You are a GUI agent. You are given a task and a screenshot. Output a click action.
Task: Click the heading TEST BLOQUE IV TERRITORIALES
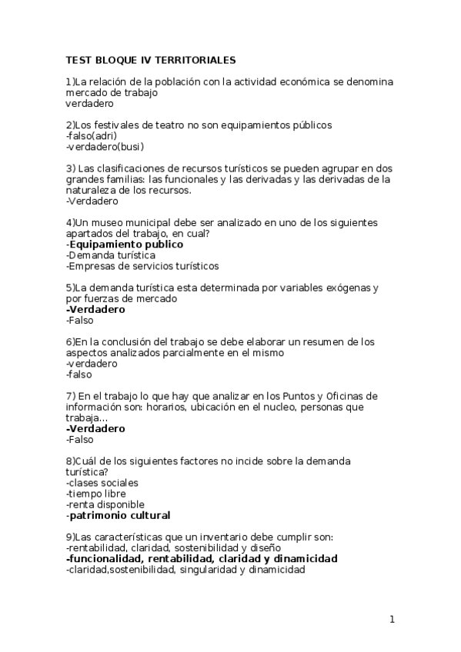coord(151,59)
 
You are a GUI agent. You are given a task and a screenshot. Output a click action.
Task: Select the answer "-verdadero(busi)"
coord(105,146)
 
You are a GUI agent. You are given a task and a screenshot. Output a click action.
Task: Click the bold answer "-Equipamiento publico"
coord(125,244)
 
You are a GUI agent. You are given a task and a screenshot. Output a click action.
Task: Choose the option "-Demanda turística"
coord(111,254)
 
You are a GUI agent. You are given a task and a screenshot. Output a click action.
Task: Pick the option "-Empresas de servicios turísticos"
coord(142,266)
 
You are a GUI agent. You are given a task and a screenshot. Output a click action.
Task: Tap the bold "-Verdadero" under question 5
coord(95,309)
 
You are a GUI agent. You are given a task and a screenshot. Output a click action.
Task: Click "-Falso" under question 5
coord(79,320)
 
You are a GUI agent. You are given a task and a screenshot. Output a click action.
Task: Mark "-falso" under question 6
coord(79,374)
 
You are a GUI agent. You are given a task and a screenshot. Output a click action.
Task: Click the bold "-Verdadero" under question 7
coord(95,428)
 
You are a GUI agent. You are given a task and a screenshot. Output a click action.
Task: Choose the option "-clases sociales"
coord(102,483)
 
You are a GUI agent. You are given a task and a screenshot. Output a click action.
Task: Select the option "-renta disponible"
coord(105,504)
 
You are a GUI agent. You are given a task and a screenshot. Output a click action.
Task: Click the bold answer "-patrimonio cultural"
coord(118,515)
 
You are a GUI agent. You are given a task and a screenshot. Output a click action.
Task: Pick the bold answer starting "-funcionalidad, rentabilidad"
coord(202,558)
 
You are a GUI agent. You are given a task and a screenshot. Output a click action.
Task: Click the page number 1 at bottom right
coord(392,619)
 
